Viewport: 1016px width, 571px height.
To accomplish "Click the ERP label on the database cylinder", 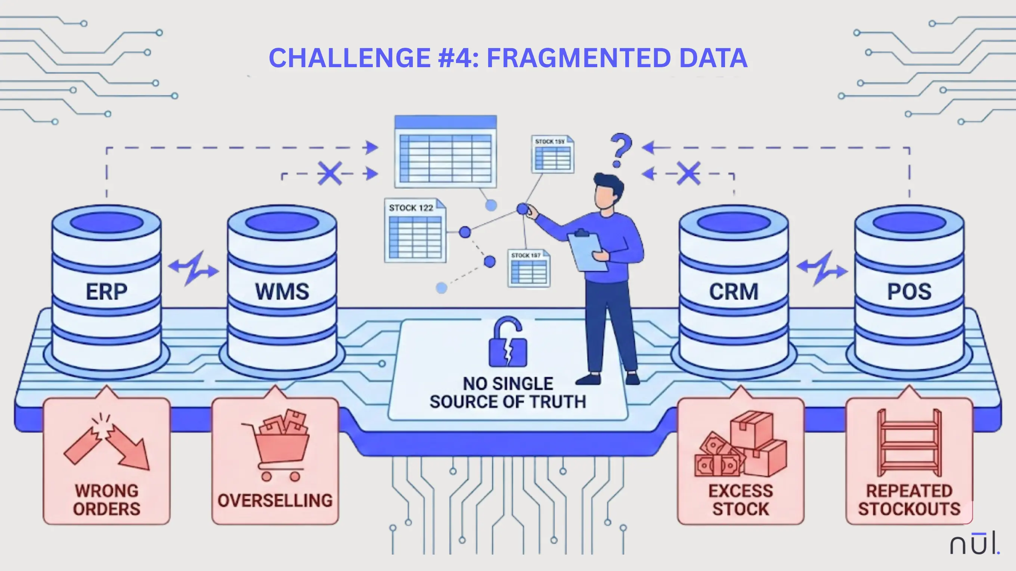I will click(106, 292).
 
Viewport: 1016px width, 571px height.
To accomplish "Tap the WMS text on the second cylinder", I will click(282, 292).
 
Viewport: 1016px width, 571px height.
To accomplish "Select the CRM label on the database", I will click(734, 292).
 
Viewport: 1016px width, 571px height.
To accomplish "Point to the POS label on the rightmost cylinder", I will click(909, 292).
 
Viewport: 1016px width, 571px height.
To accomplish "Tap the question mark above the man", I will click(620, 150).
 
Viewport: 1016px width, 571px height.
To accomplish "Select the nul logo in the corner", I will click(974, 544).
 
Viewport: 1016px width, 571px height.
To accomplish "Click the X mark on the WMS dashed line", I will click(330, 173).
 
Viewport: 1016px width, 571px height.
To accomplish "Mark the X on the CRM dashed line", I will click(689, 173).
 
